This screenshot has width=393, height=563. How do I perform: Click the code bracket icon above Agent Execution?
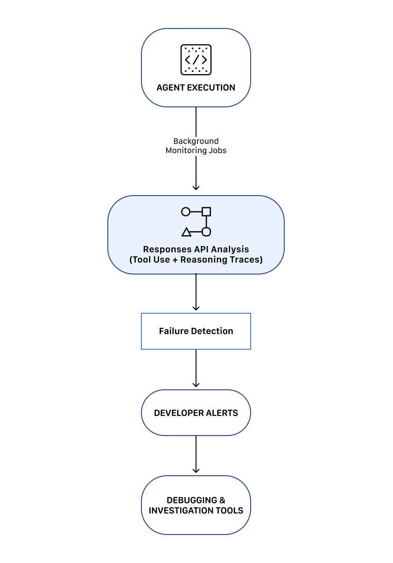coord(196,60)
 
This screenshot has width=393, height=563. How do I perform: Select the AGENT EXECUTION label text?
coord(196,88)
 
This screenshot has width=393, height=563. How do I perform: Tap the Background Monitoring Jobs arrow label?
coord(196,146)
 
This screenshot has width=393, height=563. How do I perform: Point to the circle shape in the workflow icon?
coord(186,212)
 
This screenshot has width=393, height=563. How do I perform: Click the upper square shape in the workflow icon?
coord(206,212)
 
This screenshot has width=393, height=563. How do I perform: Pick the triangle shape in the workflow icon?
coord(186,232)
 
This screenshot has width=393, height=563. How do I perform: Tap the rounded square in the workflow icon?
coord(206,232)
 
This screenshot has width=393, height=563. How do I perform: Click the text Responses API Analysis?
coord(196,249)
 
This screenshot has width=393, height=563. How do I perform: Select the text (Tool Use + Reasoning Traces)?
coord(196,260)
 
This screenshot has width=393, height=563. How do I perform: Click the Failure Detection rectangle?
coord(196,331)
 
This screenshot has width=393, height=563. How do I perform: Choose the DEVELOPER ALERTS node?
coord(196,413)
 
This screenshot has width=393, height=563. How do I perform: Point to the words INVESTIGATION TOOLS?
coord(196,511)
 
